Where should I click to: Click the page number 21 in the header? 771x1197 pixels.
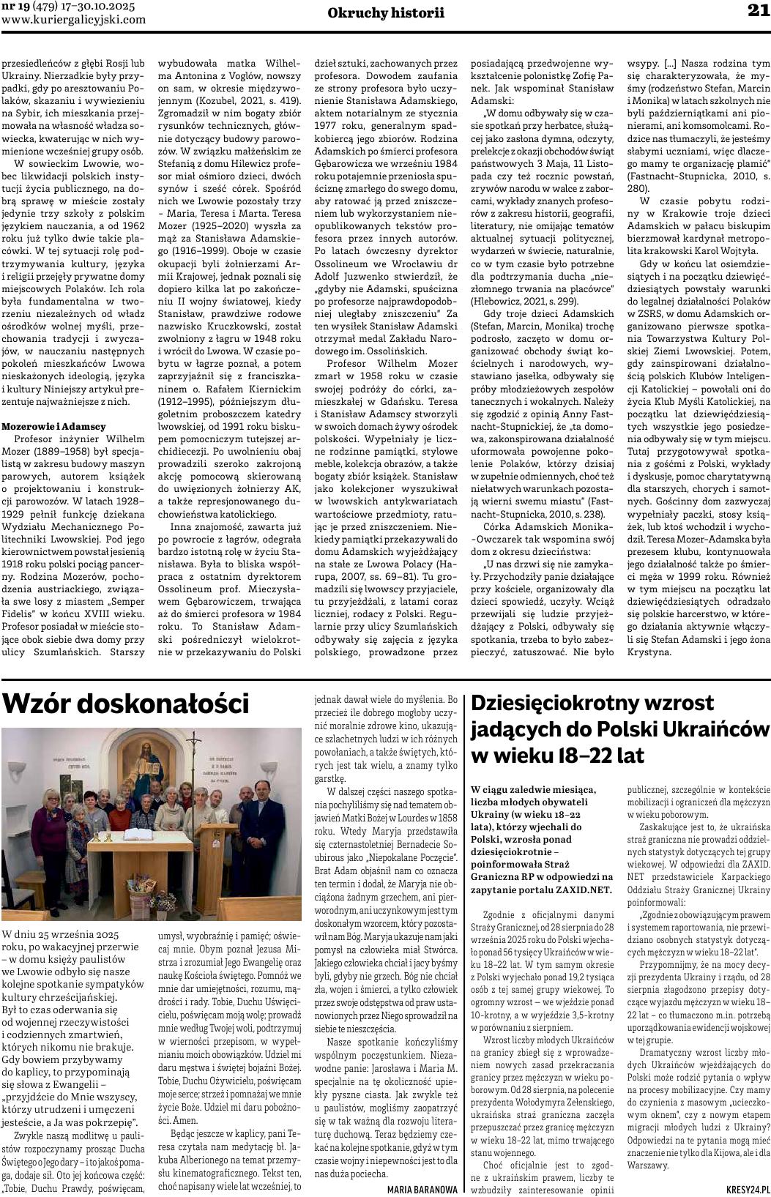tap(757, 10)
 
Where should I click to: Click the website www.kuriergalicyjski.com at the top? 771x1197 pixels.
tap(73, 20)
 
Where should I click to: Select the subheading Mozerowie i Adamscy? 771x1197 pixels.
tap(54, 426)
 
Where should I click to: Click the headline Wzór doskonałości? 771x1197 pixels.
tap(126, 704)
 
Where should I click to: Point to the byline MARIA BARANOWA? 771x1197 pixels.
tap(422, 1189)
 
